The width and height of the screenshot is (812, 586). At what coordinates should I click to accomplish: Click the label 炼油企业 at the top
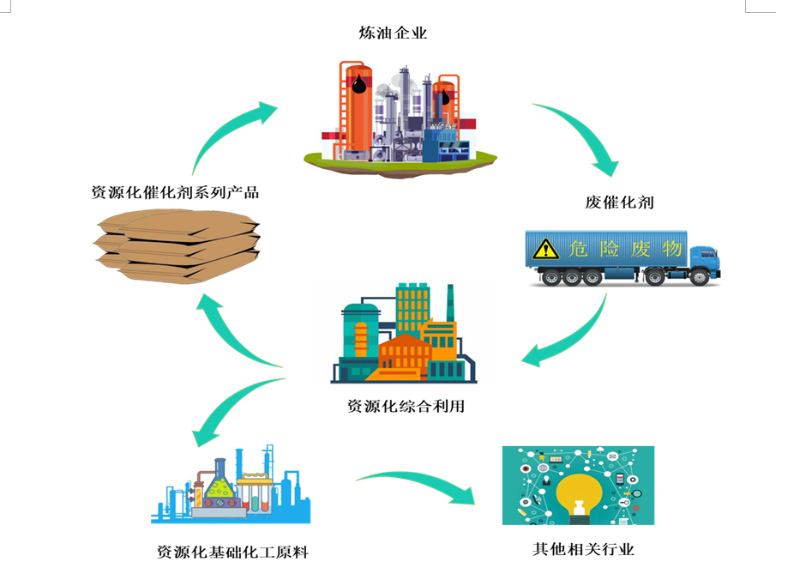coord(393,33)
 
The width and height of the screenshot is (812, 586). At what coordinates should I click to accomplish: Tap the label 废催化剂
coord(619,202)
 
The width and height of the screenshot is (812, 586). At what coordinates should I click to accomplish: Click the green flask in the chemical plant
coord(219,490)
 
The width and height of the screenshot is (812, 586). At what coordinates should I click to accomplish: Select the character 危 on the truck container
coord(577,249)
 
